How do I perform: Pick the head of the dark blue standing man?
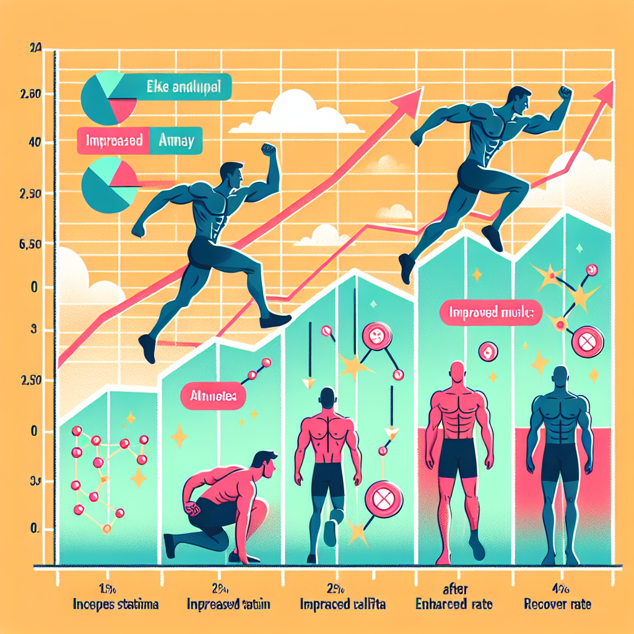click(x=560, y=378)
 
